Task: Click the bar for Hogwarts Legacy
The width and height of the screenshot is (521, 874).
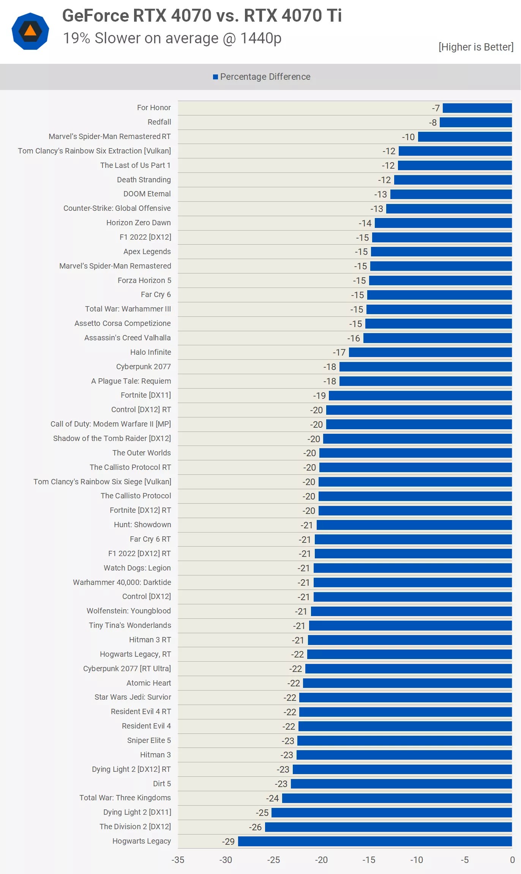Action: [375, 841]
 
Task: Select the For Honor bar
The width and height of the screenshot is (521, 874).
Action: [477, 108]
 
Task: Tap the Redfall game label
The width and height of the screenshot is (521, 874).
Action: [159, 122]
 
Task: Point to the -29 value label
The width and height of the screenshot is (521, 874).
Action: [228, 842]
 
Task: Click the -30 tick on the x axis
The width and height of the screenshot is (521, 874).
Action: [226, 860]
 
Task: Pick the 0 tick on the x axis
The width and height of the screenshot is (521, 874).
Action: [512, 860]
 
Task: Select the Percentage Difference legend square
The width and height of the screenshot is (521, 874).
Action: [215, 77]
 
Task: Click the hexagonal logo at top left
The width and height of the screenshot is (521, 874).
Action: [30, 32]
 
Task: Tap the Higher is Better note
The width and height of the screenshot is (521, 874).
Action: [475, 47]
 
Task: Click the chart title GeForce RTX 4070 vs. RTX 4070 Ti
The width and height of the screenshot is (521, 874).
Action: [202, 16]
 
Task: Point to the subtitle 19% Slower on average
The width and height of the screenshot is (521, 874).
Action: [172, 38]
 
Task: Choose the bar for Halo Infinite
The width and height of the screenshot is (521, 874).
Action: [430, 352]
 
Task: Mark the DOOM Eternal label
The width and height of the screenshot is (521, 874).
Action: [147, 194]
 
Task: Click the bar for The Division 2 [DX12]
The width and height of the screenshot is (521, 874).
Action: [388, 827]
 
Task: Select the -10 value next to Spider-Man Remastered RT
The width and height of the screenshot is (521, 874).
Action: [408, 137]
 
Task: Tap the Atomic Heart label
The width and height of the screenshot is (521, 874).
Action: [148, 683]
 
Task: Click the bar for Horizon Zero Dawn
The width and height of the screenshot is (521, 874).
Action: [443, 223]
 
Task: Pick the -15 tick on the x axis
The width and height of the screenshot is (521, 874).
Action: [369, 860]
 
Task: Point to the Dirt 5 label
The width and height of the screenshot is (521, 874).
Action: [162, 784]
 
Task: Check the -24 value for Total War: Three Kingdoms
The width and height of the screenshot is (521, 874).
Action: [272, 798]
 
